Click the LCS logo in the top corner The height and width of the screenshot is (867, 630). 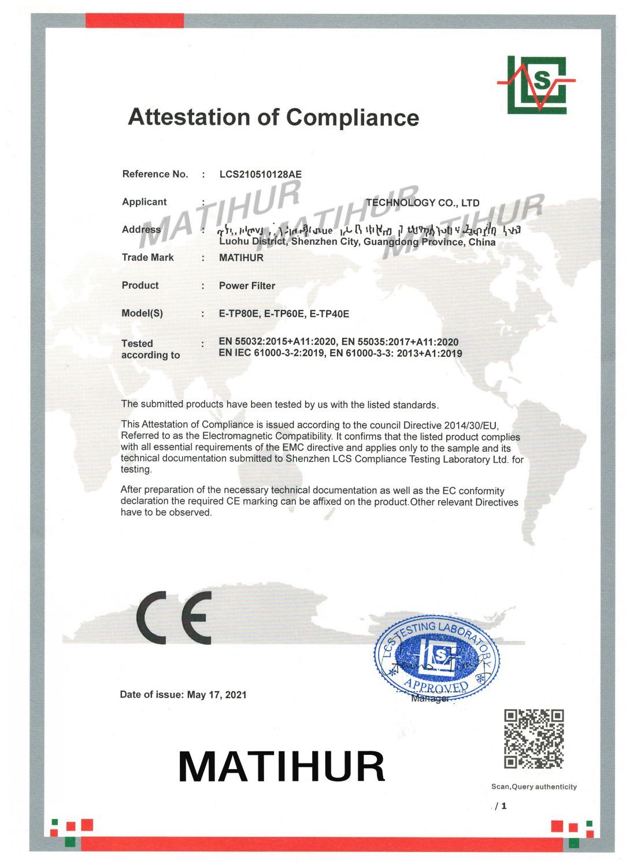[x=536, y=84]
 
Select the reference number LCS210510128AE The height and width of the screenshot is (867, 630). [x=260, y=174]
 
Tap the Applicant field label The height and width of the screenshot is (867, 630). [x=144, y=202]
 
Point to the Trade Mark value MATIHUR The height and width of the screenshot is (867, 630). [x=241, y=258]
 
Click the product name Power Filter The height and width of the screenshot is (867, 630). [x=247, y=286]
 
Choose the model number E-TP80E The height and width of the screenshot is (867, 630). [x=239, y=314]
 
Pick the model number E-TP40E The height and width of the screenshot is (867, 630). [x=329, y=314]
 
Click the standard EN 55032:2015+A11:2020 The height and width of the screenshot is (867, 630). [x=275, y=342]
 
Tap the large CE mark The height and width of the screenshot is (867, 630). [x=173, y=618]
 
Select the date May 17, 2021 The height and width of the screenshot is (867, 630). [x=217, y=695]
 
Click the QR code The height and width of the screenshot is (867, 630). [x=533, y=739]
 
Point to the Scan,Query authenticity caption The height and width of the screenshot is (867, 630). [x=533, y=787]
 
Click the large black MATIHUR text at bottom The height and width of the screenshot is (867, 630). [x=281, y=766]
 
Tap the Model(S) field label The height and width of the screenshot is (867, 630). [x=142, y=313]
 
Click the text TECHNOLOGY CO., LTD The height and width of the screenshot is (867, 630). [x=423, y=203]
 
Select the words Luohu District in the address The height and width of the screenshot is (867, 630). [x=253, y=242]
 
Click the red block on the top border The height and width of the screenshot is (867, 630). [x=134, y=21]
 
